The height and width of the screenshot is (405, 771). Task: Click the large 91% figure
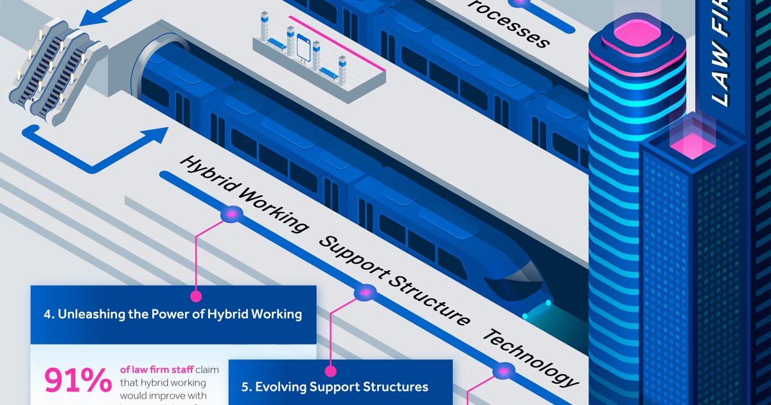(x=77, y=381)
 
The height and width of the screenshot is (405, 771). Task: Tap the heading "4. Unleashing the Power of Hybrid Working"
(x=173, y=314)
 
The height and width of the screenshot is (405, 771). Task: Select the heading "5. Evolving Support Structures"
(x=335, y=386)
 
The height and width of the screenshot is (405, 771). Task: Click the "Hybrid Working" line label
(x=244, y=194)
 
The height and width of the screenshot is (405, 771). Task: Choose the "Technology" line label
(x=531, y=357)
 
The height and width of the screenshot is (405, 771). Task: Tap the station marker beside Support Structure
(x=366, y=293)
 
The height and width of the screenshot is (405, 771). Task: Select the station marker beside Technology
(x=503, y=372)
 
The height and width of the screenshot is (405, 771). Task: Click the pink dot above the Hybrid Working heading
(x=195, y=296)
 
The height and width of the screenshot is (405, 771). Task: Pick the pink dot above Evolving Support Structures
(x=330, y=371)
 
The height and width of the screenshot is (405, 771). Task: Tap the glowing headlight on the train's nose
(x=548, y=302)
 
